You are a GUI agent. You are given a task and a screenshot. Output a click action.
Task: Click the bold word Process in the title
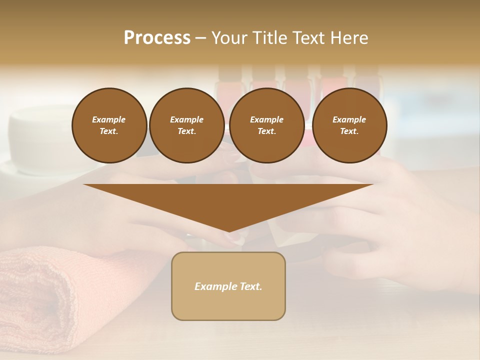coord(157,38)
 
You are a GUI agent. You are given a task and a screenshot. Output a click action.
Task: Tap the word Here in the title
coord(348,38)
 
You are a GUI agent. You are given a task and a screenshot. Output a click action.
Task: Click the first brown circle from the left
coord(109,125)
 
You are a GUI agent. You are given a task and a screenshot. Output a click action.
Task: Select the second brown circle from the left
coord(186,125)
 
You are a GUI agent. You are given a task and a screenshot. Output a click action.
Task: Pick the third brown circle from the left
coord(266,125)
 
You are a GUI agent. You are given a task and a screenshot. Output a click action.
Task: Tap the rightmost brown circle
coord(349,125)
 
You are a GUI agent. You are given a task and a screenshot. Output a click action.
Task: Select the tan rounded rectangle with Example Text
coord(228,286)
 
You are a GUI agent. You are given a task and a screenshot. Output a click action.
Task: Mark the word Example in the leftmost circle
coord(109,119)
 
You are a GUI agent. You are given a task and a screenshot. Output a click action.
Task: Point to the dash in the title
coord(201,38)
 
